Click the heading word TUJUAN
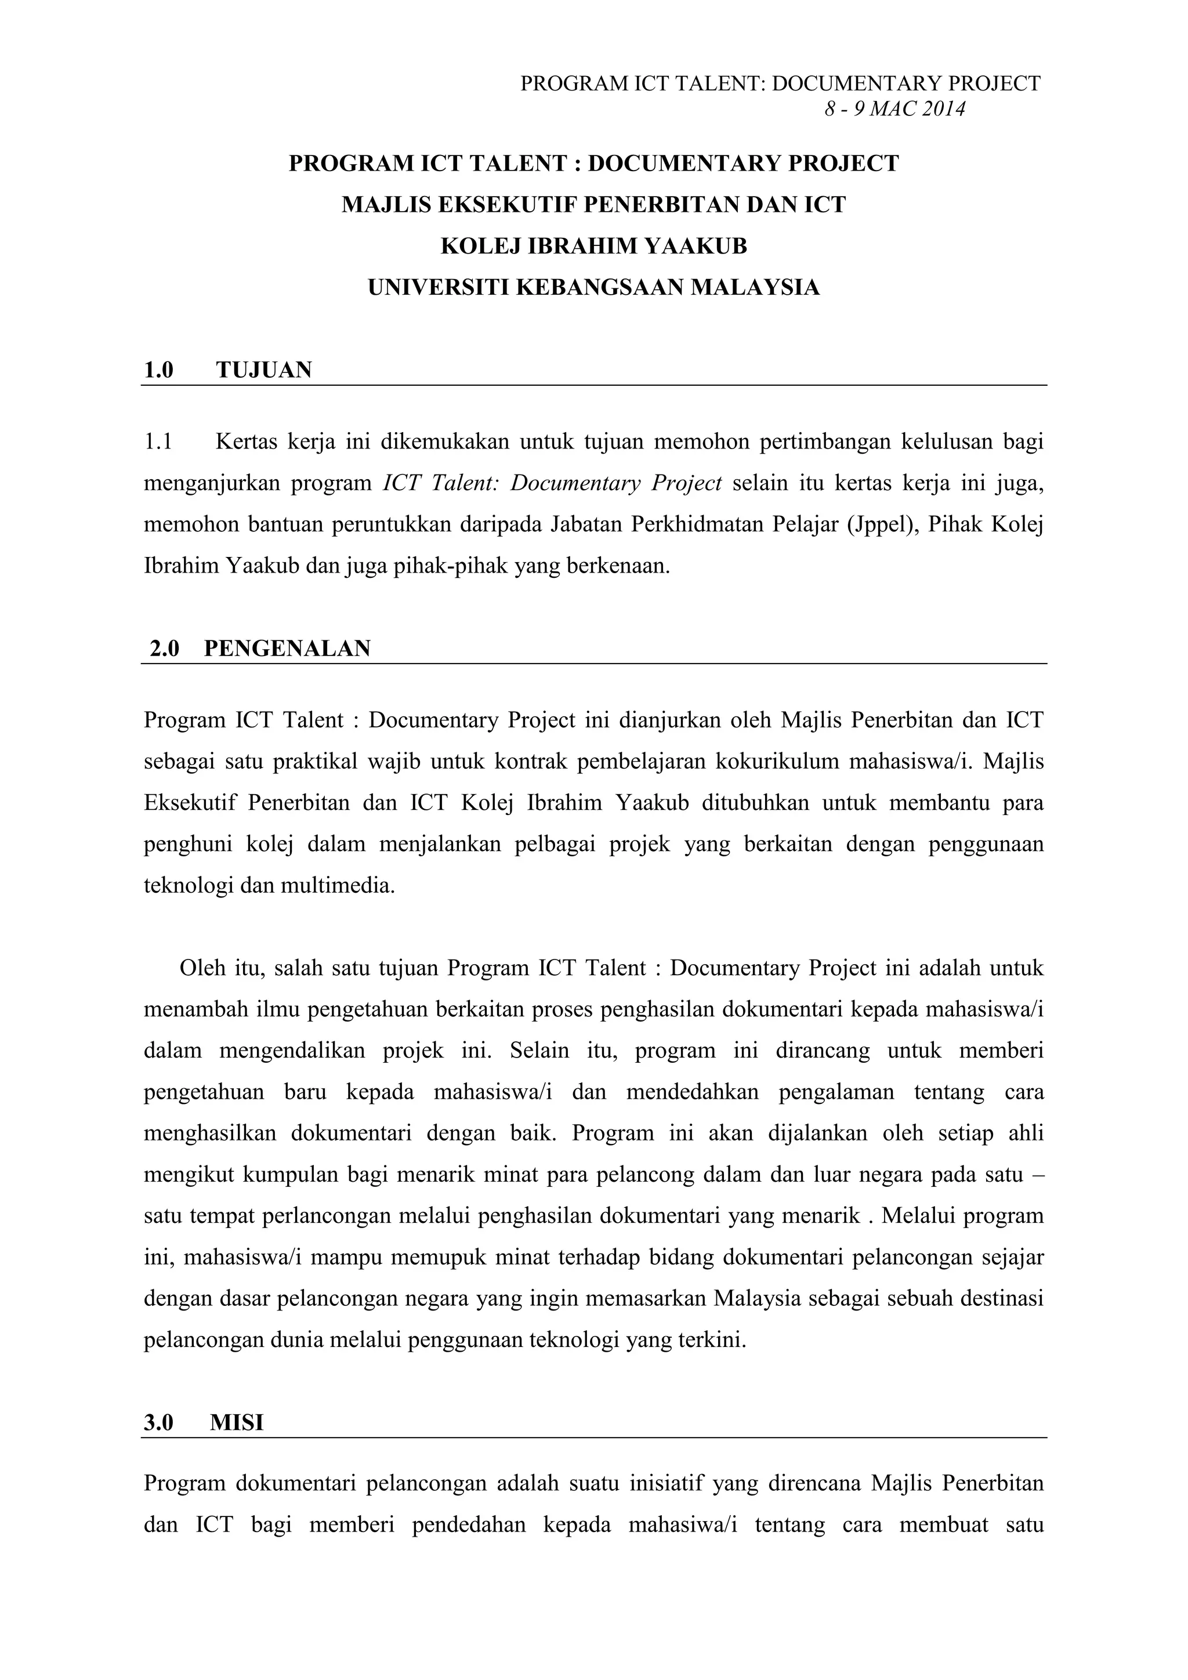coord(264,370)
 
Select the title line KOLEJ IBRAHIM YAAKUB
coord(593,246)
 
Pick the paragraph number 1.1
coord(158,442)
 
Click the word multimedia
coord(338,886)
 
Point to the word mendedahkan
coord(692,1092)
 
